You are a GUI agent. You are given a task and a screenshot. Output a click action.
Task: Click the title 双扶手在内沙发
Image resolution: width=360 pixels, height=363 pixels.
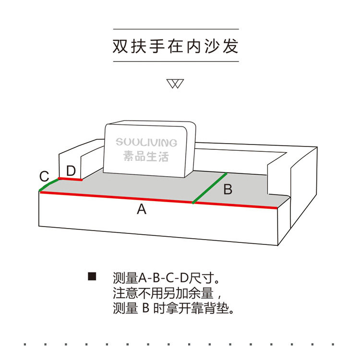[176, 46]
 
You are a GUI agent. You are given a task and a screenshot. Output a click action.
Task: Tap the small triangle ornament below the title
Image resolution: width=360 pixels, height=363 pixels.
[176, 84]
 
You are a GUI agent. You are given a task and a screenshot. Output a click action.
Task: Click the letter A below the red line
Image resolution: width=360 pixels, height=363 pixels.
[141, 209]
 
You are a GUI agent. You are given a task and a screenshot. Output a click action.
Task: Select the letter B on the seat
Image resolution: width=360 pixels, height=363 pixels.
[228, 189]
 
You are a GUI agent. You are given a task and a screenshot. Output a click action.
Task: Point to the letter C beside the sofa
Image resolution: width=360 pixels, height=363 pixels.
[44, 176]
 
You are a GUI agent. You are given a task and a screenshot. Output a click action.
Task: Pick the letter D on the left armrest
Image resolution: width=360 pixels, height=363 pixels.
[71, 170]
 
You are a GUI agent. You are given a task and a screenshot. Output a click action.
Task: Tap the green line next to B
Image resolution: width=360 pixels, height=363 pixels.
[209, 188]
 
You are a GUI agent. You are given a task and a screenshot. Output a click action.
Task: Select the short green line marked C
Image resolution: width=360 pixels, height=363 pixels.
[48, 185]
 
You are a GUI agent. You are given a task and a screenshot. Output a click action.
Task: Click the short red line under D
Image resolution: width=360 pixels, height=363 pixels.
[70, 179]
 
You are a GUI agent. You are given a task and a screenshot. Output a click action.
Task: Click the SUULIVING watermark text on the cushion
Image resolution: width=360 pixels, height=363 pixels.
[146, 143]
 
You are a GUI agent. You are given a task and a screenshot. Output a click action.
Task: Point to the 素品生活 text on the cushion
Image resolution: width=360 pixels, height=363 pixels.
[146, 156]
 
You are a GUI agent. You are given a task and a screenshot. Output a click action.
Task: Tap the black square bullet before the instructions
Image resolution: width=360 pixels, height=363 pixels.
[93, 277]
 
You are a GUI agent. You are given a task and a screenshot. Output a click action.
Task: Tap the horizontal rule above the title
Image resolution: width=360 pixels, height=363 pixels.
[176, 29]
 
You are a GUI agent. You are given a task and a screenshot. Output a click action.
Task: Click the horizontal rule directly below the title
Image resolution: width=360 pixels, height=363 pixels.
[176, 61]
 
